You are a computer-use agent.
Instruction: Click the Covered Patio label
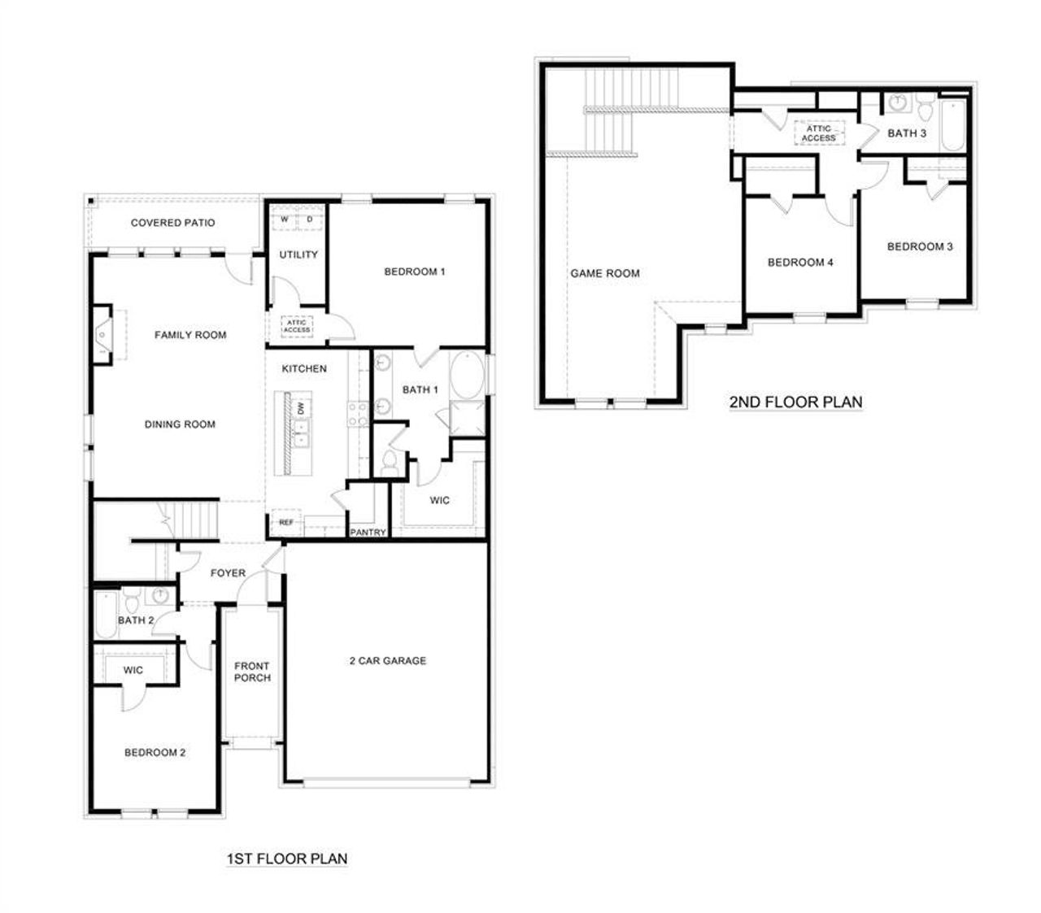click(x=172, y=223)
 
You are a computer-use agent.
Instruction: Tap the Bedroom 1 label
click(x=414, y=272)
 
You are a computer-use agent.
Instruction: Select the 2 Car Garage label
click(x=387, y=661)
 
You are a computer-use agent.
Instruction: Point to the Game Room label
click(x=605, y=273)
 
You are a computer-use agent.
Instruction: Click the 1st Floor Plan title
click(x=286, y=858)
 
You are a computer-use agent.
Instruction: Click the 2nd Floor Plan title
click(x=795, y=402)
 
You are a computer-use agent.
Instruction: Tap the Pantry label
click(x=367, y=533)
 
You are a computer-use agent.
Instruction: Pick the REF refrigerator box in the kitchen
click(x=286, y=523)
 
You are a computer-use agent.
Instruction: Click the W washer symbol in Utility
click(x=284, y=220)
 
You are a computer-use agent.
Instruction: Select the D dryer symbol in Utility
click(x=310, y=220)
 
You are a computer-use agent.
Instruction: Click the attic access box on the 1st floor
click(x=297, y=326)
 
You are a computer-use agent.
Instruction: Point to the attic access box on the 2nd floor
click(x=818, y=133)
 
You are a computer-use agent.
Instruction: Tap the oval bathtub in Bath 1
click(x=467, y=375)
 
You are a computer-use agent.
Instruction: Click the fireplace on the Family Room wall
click(x=102, y=334)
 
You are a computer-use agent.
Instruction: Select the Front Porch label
click(x=252, y=672)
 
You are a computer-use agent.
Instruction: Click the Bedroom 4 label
click(x=800, y=263)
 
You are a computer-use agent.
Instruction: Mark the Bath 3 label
click(x=907, y=133)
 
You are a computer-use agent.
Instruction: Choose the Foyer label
click(x=228, y=573)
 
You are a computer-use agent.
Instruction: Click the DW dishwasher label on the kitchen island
click(x=302, y=408)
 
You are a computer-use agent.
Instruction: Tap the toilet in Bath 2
click(x=131, y=603)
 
